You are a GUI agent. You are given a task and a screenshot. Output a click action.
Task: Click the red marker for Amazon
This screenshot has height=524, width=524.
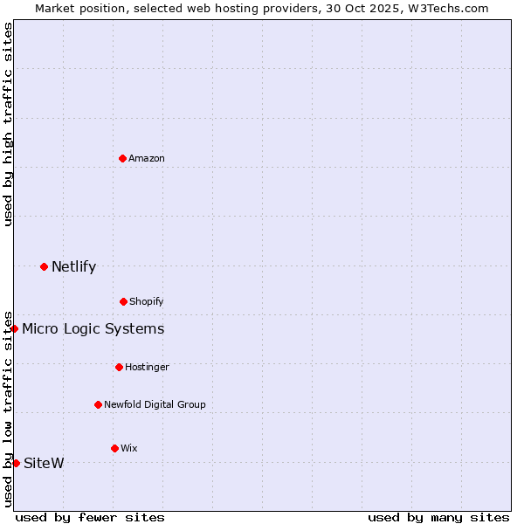(x=122, y=158)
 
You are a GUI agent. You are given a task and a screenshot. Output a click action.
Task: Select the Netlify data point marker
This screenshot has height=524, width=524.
(x=44, y=266)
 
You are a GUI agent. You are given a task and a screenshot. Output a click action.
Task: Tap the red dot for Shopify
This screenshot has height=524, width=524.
(x=123, y=301)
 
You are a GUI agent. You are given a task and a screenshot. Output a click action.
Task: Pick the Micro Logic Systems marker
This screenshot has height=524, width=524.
(x=15, y=328)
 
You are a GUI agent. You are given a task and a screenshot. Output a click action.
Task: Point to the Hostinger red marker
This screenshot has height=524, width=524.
(x=119, y=367)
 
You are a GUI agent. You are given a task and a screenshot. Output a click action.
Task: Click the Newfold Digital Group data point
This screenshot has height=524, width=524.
(x=98, y=404)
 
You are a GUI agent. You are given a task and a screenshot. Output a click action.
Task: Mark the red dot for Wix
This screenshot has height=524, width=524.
(x=114, y=448)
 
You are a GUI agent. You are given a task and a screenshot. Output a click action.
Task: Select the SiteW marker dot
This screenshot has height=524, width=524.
(x=16, y=463)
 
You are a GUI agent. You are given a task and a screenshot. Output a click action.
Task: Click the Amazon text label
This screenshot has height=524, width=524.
(x=147, y=158)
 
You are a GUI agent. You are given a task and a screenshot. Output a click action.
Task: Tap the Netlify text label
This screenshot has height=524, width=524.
(x=73, y=266)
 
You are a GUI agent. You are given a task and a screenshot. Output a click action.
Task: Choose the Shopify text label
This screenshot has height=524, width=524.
(x=147, y=301)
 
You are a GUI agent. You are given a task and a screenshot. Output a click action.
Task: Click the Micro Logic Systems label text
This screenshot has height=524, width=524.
(x=93, y=328)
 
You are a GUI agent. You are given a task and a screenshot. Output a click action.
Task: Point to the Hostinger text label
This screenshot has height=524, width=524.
(x=147, y=367)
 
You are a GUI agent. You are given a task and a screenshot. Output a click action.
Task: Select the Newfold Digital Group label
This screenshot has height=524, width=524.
(x=155, y=404)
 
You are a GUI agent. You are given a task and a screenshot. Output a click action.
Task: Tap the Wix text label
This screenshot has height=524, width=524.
(x=129, y=448)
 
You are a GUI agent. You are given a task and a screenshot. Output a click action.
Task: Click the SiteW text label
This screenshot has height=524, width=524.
(x=44, y=463)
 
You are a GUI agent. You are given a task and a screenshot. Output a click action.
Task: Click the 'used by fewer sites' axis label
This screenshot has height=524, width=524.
(x=90, y=517)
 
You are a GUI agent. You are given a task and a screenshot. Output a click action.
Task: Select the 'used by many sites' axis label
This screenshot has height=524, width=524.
(x=438, y=517)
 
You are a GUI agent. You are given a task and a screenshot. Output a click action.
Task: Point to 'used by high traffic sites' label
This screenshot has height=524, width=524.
(x=8, y=124)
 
